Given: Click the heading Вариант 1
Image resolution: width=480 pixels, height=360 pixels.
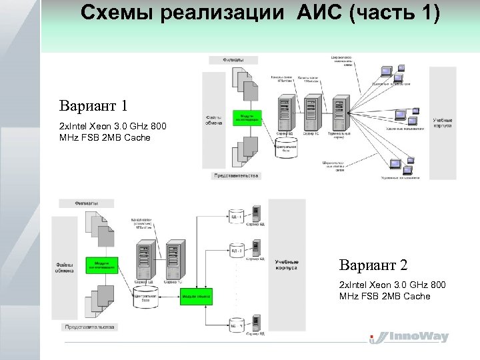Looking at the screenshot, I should (93, 106).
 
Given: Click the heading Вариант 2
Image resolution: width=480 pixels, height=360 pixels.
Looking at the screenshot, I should (373, 265).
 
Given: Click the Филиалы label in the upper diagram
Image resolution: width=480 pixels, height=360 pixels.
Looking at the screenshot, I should (233, 60).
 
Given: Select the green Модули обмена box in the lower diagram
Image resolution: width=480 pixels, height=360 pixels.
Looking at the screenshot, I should (195, 295).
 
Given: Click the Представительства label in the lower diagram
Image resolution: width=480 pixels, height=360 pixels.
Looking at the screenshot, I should (89, 327).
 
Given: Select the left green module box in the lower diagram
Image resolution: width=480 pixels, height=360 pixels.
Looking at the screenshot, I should (101, 265).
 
